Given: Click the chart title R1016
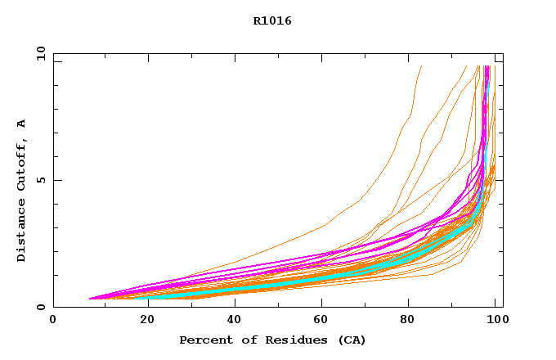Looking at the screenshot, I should point(272,21).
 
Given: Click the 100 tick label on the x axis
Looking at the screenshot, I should point(495,320).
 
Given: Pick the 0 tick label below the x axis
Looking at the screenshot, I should point(54,320).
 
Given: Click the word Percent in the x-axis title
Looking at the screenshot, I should point(202,340).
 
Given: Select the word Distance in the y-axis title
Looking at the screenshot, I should point(22,230).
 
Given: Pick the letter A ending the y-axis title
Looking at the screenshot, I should point(22,123).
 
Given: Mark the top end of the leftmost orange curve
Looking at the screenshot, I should point(421,66).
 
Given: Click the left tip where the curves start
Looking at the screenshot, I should point(89,299).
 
